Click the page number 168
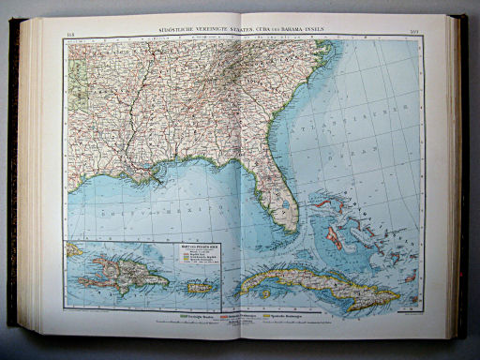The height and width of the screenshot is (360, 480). coord(71,37)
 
